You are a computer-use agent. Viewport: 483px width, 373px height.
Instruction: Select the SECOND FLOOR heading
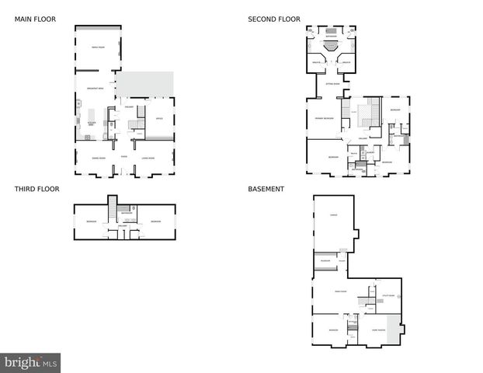[x=274, y=19]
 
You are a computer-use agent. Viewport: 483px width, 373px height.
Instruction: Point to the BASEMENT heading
[x=266, y=189]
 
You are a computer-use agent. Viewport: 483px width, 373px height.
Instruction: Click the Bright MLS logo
[x=31, y=362]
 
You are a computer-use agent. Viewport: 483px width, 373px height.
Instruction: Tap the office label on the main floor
[x=158, y=118]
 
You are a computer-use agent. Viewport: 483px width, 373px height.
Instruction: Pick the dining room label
[x=99, y=159]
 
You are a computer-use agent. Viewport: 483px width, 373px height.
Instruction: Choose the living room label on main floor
[x=148, y=159]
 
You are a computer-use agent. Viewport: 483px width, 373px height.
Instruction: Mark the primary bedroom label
[x=324, y=118]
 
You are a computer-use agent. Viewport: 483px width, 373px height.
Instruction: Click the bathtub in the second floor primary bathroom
[x=331, y=45]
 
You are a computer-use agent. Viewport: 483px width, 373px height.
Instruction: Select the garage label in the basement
[x=333, y=215]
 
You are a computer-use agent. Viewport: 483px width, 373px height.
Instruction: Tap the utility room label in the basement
[x=388, y=296]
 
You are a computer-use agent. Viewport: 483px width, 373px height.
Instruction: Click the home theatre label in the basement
[x=378, y=330]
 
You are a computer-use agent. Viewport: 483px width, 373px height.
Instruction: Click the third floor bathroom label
[x=124, y=212]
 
